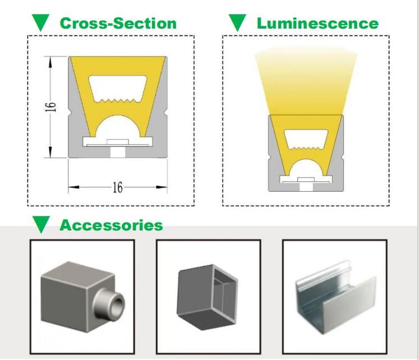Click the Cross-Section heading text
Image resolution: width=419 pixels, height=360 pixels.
coord(118,23)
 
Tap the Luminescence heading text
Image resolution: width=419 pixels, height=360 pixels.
coord(317,23)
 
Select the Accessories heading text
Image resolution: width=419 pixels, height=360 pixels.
coord(111,225)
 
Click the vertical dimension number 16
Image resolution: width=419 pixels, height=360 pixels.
coord(50,107)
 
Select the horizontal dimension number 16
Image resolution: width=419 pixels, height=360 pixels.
coord(118,187)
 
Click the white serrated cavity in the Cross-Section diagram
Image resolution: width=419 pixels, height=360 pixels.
coord(118,89)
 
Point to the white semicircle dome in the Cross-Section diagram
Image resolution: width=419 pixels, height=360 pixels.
coord(118,127)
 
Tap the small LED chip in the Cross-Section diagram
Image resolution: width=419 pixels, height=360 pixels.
coord(118,142)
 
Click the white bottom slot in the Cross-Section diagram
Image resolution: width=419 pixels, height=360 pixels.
coord(118,152)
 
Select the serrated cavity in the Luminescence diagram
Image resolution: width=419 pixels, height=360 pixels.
coord(306,140)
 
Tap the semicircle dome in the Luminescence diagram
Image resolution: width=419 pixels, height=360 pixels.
coord(306,168)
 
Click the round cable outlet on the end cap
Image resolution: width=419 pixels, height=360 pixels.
coord(110,305)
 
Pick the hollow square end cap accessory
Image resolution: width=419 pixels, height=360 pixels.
coord(208,297)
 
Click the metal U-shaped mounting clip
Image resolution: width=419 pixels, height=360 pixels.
coord(336,297)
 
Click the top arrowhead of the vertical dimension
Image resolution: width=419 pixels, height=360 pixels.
coord(50,62)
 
